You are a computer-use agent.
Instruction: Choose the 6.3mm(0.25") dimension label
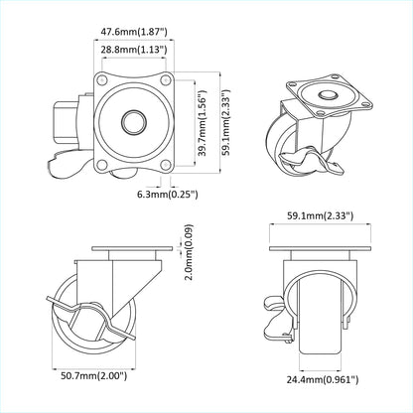tap(164, 196)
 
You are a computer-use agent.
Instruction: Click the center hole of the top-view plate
tap(132, 121)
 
